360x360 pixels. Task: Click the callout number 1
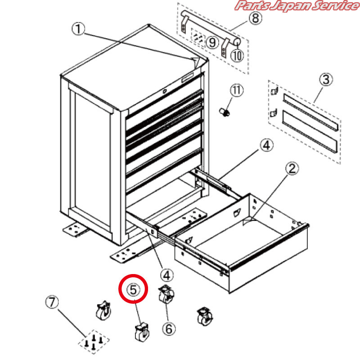[78, 29]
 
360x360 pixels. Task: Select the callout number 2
[292, 168]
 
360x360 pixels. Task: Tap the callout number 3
[326, 80]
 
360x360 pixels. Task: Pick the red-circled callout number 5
[133, 289]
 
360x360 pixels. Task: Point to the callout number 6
[169, 328]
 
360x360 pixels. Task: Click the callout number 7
[52, 301]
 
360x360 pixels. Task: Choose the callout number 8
[255, 18]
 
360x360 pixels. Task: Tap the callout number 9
[212, 42]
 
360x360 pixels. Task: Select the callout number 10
[237, 55]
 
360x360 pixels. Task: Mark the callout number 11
[237, 90]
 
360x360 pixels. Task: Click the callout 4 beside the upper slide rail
[266, 145]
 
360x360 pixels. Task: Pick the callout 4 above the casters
[167, 275]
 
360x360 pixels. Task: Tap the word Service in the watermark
[335, 5]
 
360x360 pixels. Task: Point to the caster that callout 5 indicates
[142, 332]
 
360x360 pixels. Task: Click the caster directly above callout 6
[166, 294]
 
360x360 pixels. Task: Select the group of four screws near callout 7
[94, 342]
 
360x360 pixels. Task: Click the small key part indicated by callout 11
[224, 112]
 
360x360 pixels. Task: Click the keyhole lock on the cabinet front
[164, 91]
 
